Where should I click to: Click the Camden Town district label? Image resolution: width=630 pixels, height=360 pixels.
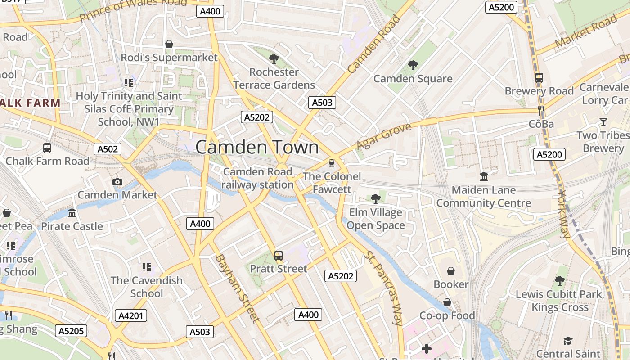point(257,147)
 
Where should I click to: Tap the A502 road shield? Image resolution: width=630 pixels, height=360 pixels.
point(108,149)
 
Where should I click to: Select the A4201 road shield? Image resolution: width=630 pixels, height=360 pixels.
point(131,315)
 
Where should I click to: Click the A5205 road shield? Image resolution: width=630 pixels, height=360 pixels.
point(71,331)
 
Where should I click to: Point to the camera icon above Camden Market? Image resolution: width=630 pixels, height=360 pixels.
point(117,182)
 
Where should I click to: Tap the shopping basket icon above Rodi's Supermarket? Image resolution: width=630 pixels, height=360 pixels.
point(169,44)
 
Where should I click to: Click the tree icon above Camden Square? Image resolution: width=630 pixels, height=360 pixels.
point(413,65)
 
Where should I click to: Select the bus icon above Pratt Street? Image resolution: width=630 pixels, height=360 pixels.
point(279,256)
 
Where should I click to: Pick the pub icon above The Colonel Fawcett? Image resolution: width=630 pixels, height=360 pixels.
point(332,163)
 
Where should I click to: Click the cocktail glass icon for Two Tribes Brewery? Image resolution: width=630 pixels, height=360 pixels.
point(603,122)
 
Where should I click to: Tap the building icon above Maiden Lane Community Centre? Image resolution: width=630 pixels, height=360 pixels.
point(484,176)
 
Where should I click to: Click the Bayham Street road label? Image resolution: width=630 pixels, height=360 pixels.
point(237,288)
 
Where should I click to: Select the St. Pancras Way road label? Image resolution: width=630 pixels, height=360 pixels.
point(383,288)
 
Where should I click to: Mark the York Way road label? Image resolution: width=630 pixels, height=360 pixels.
point(563,214)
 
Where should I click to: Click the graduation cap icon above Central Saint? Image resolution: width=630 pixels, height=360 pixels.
point(568,341)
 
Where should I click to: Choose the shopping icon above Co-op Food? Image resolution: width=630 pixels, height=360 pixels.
point(447,302)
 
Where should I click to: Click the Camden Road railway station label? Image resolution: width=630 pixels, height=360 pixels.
point(258,178)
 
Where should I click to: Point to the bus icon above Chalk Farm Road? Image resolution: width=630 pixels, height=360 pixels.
point(47,148)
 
